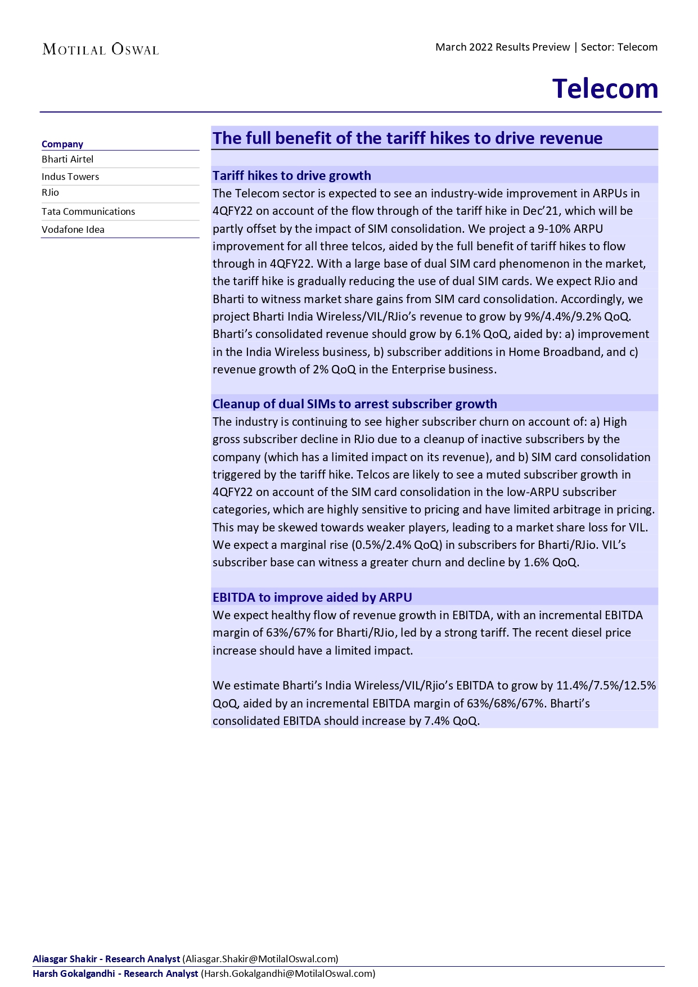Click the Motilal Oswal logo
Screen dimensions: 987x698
(x=101, y=49)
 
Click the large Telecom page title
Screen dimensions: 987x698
(x=605, y=89)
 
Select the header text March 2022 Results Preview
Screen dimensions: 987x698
(x=502, y=47)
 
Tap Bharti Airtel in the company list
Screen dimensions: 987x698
(x=67, y=159)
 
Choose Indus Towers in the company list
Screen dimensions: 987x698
(x=70, y=177)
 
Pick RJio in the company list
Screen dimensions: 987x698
(x=50, y=192)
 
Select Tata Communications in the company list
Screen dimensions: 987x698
(x=88, y=211)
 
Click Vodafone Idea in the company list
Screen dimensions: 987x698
(x=73, y=229)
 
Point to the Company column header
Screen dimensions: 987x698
(x=62, y=144)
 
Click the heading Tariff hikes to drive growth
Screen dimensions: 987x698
(x=291, y=175)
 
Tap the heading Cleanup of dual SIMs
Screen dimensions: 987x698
(x=354, y=404)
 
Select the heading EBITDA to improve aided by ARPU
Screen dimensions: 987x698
(x=312, y=597)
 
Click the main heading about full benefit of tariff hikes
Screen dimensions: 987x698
(x=407, y=138)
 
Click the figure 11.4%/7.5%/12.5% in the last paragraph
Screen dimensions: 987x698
(x=606, y=686)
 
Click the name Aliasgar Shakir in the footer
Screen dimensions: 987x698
(x=65, y=959)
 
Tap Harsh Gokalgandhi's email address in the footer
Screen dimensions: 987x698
(x=288, y=974)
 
